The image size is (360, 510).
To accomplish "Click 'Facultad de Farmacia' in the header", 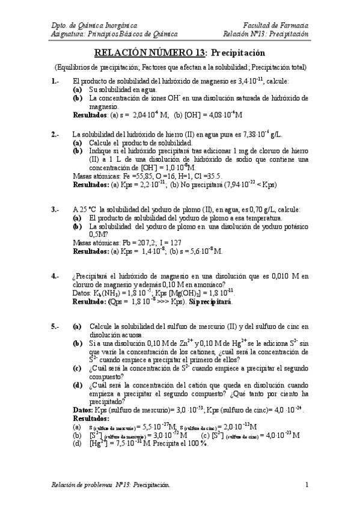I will pyautogui.click(x=276, y=26).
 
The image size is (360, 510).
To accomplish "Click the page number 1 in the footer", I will pyautogui.click(x=307, y=484).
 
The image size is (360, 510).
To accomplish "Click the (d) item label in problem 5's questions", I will pyautogui.click(x=78, y=385).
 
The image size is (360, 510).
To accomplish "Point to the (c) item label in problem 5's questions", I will pyautogui.click(x=78, y=368).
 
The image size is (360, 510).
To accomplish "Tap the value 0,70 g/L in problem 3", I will pyautogui.click(x=267, y=209).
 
